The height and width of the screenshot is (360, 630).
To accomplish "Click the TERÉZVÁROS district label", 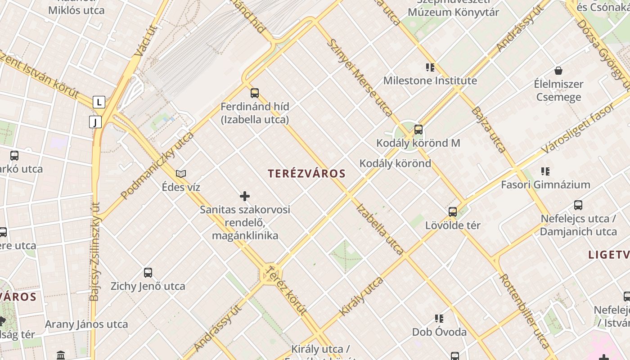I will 306,174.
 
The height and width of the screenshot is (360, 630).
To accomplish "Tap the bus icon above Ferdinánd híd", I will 255,93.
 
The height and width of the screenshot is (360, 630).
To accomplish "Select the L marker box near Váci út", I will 99,102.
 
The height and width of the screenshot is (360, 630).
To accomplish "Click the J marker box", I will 95,122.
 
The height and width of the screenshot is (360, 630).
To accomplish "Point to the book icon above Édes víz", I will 181,174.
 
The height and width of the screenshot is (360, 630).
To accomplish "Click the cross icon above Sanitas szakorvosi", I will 245,196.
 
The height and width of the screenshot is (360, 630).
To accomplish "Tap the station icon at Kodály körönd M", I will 418,130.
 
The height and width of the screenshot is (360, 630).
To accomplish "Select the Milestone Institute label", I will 430,81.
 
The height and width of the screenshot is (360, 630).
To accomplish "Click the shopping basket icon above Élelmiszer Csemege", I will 558,71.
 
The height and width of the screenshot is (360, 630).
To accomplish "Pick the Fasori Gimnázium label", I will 545,184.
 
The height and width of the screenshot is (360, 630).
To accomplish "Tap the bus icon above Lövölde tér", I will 453,211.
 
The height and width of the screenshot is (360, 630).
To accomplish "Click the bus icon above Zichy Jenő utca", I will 148,272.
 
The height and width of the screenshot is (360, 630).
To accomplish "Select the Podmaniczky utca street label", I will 157,165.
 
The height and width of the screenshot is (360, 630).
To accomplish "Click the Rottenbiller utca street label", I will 525,311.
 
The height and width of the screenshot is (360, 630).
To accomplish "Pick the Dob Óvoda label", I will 439,332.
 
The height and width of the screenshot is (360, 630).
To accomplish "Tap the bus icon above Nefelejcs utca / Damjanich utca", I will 578,205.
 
